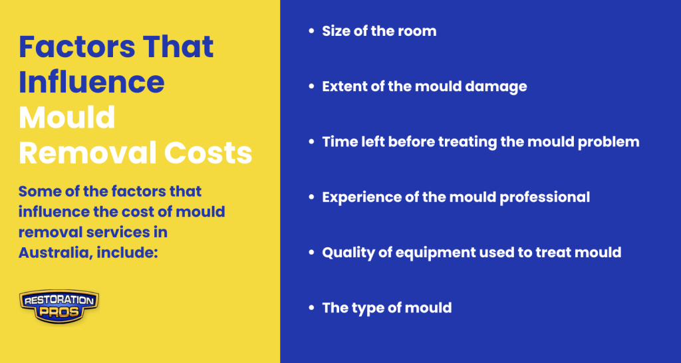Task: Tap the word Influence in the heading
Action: point(92,82)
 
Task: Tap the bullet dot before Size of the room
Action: point(311,31)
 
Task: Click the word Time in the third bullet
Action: point(337,142)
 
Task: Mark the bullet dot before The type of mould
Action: point(311,308)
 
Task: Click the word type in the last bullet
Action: point(365,308)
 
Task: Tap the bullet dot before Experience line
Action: point(311,197)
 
